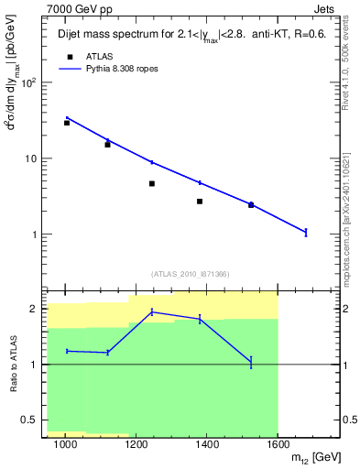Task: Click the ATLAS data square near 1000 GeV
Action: pyautogui.click(x=67, y=123)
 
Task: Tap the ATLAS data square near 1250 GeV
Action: pyautogui.click(x=152, y=183)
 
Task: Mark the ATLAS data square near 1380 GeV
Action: pyautogui.click(x=200, y=202)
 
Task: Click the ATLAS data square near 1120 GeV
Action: pyautogui.click(x=108, y=145)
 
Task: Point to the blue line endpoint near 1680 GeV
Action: pyautogui.click(x=306, y=233)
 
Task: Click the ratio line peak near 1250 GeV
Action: pyautogui.click(x=152, y=311)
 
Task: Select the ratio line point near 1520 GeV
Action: pyautogui.click(x=251, y=363)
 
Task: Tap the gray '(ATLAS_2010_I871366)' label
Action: pyautogui.click(x=188, y=274)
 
